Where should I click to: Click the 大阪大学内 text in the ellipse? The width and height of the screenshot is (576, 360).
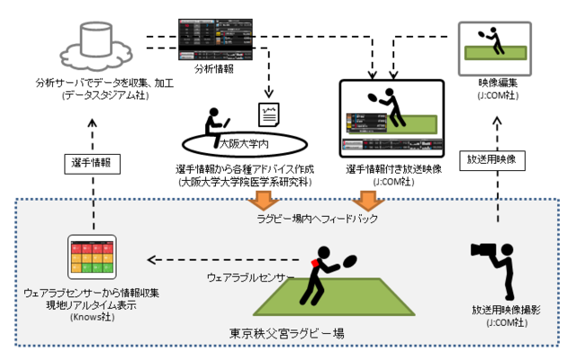pos(244,142)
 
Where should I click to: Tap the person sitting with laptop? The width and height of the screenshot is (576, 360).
pos(216,122)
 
